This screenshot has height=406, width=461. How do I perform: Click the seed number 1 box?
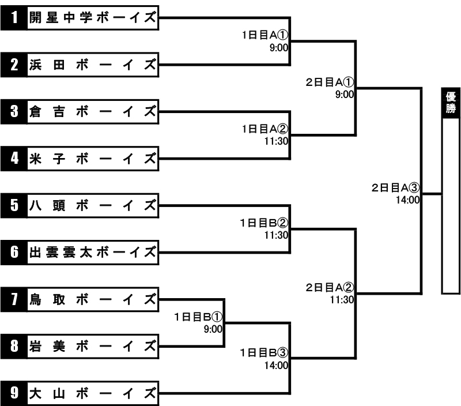pos(14,18)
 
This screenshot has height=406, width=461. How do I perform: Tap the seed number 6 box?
pos(14,253)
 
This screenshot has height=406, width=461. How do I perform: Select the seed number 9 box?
pos(14,393)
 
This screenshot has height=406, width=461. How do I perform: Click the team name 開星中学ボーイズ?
pos(93,18)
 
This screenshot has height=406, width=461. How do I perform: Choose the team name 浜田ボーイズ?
pos(93,65)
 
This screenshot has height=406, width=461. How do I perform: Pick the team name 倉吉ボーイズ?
pos(93,112)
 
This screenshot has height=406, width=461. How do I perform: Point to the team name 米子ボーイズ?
pos(93,159)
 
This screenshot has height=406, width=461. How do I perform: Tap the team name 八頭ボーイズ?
pos(93,206)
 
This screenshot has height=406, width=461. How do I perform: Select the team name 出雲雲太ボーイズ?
pos(93,253)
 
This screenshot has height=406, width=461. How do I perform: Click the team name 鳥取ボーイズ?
pos(93,299)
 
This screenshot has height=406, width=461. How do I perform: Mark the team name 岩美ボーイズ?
pos(93,346)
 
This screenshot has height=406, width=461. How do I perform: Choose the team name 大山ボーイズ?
pos(93,393)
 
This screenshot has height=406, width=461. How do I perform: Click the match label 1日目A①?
pos(265,35)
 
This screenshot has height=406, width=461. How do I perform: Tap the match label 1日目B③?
pos(264,352)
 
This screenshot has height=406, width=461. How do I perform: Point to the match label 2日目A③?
pos(395,187)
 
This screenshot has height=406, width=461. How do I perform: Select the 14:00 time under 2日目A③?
pos(407,200)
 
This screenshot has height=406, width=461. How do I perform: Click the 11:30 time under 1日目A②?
pos(276,141)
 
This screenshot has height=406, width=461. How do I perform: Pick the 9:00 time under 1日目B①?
pos(213,329)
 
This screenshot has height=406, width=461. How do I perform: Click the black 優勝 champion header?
pos(451,103)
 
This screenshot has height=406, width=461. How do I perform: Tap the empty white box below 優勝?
pos(451,206)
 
